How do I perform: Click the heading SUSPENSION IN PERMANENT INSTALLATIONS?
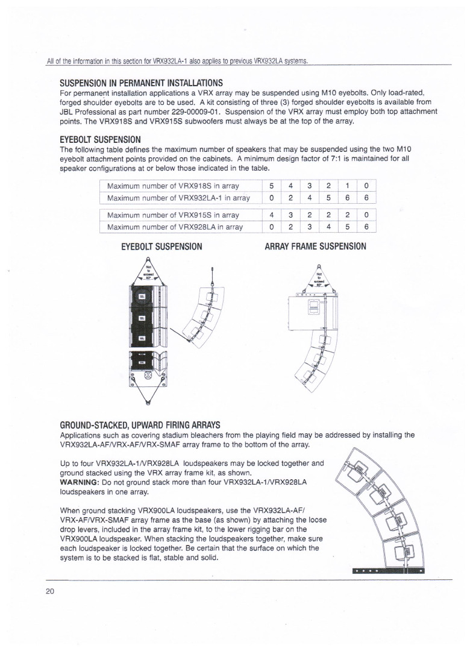tap(142, 83)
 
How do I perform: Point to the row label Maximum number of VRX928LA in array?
tap(166, 227)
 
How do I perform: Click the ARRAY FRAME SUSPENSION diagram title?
tap(315, 247)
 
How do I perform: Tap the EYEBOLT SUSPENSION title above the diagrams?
tap(161, 247)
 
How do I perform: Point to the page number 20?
tap(49, 591)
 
